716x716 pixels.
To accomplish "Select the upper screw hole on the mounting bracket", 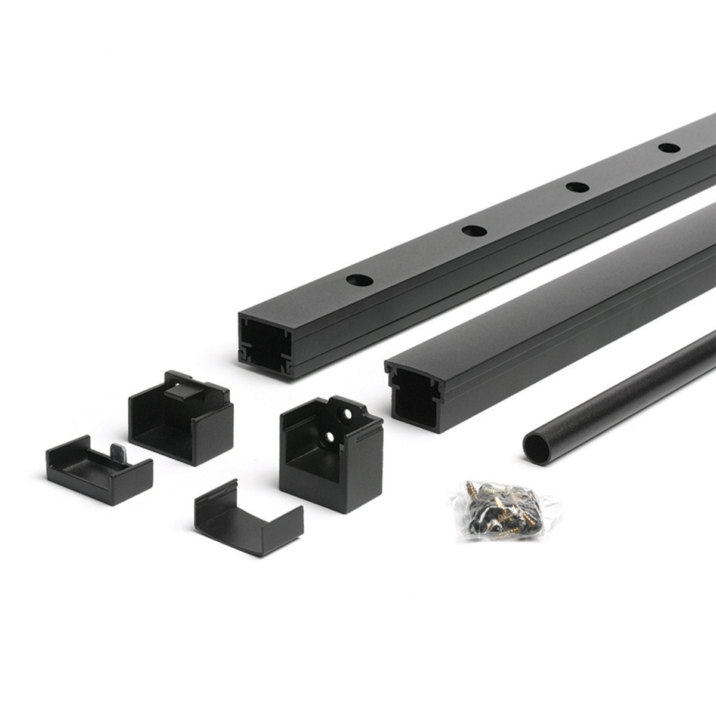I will point(346,412).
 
